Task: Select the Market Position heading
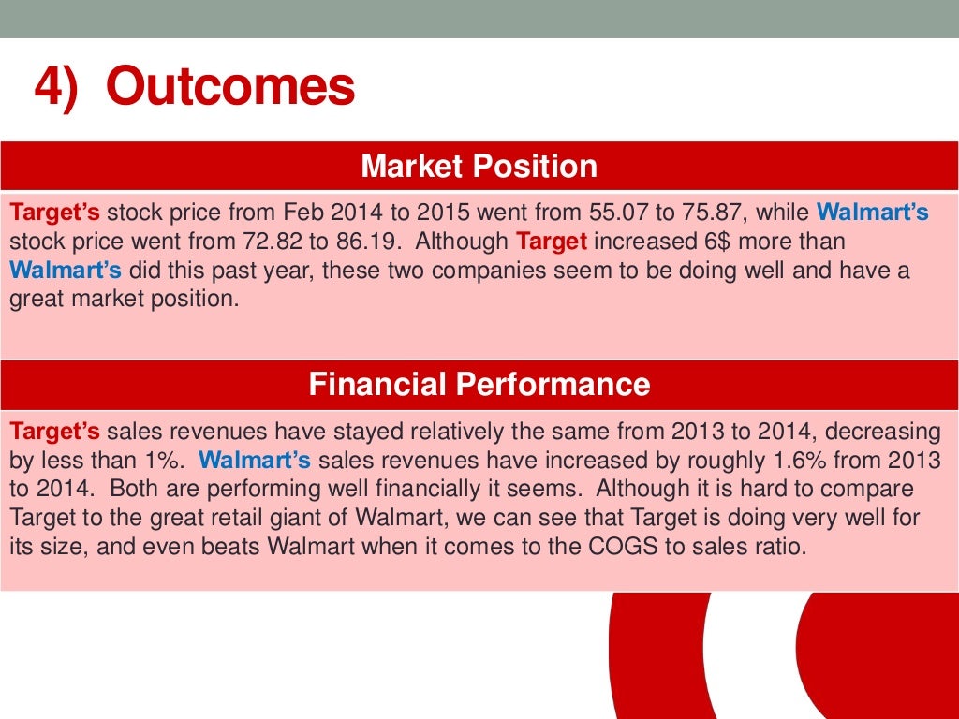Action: pyautogui.click(x=479, y=167)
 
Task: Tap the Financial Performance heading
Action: pyautogui.click(x=479, y=385)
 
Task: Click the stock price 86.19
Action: pyautogui.click(x=362, y=242)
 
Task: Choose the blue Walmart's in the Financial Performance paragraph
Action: pyautogui.click(x=255, y=461)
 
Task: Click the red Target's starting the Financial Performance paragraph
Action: pyautogui.click(x=54, y=432)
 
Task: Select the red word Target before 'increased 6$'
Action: pyautogui.click(x=552, y=242)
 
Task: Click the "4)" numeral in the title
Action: pyautogui.click(x=55, y=88)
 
